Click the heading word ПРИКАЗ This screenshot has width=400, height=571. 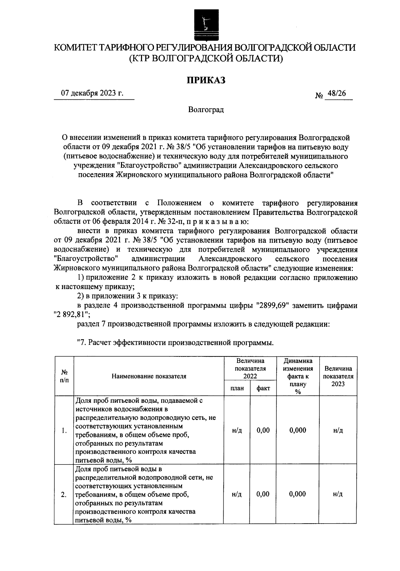coord(206,80)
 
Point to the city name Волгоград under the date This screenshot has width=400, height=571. coord(206,110)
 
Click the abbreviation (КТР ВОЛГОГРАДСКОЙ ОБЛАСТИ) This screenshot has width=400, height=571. coord(206,59)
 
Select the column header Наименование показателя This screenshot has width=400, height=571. coord(149,376)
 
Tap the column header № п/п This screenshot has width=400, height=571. coord(63,376)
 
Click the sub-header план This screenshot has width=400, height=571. coord(237,388)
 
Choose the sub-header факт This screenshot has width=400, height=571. coord(263,388)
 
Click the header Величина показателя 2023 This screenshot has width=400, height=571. coord(338,376)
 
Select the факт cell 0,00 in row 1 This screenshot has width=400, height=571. coord(263,430)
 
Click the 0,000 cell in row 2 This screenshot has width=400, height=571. coord(298,494)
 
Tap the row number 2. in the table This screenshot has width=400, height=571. coord(63,494)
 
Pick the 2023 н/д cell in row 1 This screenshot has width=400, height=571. coord(338,431)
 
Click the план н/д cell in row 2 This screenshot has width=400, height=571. coord(237,494)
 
